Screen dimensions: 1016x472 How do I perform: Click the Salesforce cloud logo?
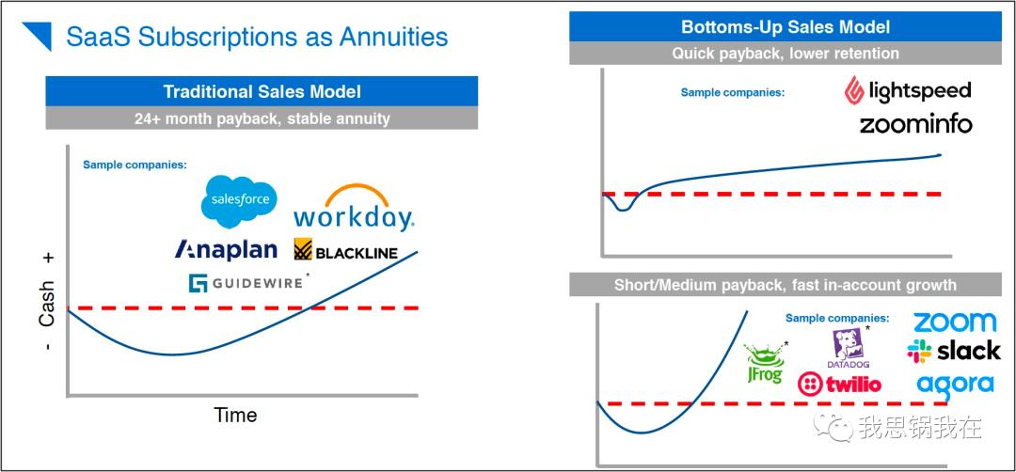click(239, 200)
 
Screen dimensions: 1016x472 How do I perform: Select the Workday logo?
click(354, 209)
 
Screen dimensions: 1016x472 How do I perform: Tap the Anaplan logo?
click(226, 249)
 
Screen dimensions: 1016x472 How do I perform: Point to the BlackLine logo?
click(345, 249)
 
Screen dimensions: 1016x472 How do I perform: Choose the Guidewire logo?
click(246, 283)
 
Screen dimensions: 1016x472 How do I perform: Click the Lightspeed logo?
click(907, 90)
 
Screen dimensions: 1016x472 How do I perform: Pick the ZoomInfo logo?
click(916, 124)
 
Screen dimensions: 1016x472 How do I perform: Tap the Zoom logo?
click(955, 322)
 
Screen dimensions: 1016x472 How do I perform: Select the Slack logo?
click(954, 351)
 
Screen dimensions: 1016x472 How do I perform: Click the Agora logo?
click(955, 385)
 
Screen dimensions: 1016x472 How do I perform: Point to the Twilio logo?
click(840, 384)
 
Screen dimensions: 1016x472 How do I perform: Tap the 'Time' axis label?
click(235, 415)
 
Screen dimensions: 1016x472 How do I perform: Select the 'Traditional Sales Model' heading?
click(262, 91)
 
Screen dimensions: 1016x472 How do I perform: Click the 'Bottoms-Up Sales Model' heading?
click(786, 26)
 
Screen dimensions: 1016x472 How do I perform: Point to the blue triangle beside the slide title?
click(40, 35)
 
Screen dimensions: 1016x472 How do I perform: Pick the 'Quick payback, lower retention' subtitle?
click(786, 53)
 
